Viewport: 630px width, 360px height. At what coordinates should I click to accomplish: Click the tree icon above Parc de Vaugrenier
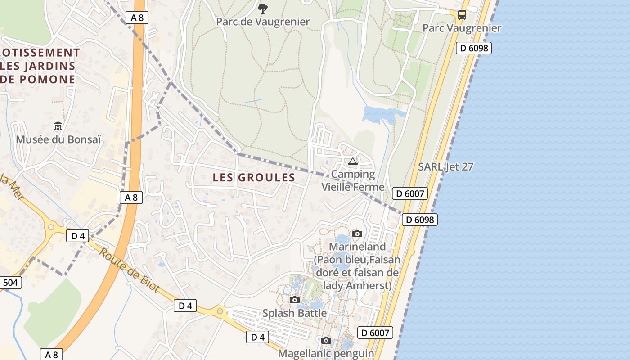point(262,8)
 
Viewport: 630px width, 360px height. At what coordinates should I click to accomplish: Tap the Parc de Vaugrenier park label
point(263,22)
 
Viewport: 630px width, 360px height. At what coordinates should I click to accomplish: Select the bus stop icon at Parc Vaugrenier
point(462,14)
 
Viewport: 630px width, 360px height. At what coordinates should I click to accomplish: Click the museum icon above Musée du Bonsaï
point(58,126)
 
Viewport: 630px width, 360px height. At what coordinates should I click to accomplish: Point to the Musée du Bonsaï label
point(58,139)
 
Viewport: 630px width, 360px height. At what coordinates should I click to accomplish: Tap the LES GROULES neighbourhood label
point(254,178)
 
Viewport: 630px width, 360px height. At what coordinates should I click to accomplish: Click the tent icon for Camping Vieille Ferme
point(352,161)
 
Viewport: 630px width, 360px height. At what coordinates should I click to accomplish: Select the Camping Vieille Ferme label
point(353,180)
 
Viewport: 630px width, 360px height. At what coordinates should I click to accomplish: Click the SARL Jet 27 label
point(445,167)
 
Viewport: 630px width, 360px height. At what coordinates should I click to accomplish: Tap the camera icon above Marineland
point(357,234)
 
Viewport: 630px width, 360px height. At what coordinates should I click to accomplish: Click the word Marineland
point(357,247)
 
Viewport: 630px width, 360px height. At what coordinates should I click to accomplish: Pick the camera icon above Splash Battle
point(295,300)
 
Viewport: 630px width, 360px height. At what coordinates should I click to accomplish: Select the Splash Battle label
point(295,313)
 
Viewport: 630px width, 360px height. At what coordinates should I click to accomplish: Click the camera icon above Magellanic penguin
point(326,340)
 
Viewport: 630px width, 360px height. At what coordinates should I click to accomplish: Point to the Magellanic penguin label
point(326,353)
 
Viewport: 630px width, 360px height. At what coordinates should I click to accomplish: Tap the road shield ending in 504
point(9,283)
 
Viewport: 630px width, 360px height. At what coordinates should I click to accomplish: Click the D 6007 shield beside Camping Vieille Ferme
point(409,193)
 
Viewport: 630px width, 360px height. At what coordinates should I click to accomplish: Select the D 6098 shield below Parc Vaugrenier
point(473,48)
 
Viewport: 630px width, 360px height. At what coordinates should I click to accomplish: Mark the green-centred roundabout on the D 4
point(220,311)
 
